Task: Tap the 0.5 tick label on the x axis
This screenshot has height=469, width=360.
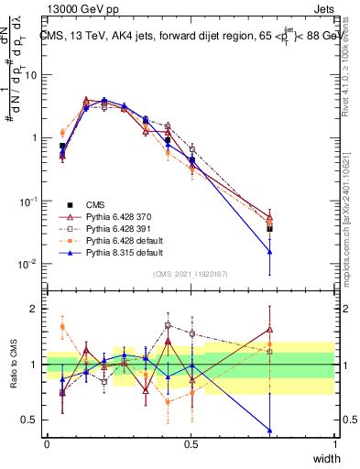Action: tap(191, 444)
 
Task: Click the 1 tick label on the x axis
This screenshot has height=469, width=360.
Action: tap(335, 444)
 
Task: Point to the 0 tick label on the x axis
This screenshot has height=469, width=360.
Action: tap(47, 444)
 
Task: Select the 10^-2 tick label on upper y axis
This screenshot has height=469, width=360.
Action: tap(28, 264)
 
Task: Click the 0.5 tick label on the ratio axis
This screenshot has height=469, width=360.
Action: tap(30, 421)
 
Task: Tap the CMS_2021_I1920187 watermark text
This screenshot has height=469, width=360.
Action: tap(191, 273)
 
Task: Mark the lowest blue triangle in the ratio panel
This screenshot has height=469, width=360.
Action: tap(269, 430)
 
